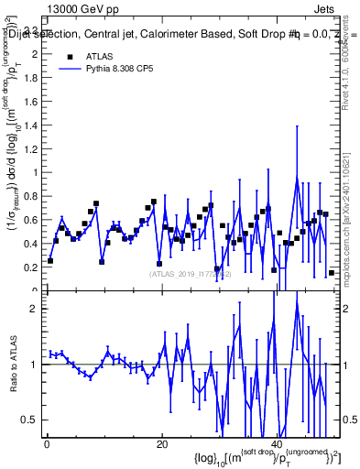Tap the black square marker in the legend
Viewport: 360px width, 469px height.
70,56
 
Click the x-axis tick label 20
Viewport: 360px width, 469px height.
161,445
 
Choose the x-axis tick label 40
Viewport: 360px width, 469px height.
278,445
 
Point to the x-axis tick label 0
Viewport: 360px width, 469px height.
46,445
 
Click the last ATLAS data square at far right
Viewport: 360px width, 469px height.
331,273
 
